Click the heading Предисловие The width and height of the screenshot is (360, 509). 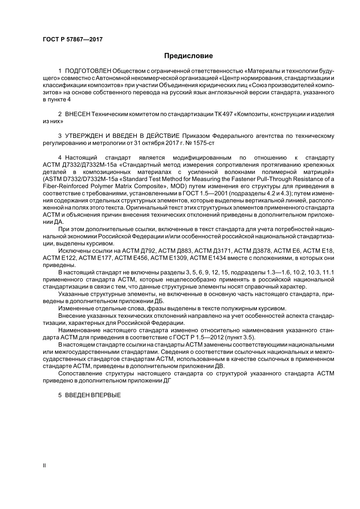pos(188,56)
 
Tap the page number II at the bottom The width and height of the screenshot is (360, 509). pos(44,465)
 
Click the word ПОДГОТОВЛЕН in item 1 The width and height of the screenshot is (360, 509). pos(88,71)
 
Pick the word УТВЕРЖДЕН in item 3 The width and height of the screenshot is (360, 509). pos(81,136)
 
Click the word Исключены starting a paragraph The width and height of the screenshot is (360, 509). pos(72,251)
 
